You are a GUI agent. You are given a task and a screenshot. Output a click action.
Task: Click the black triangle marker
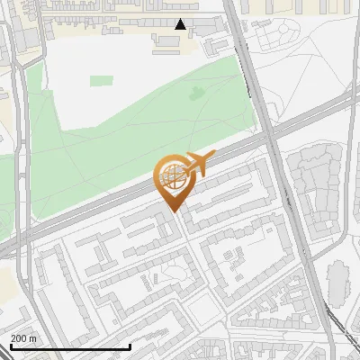tap(181, 24)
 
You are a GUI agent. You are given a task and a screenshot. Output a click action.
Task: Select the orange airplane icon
tap(197, 165)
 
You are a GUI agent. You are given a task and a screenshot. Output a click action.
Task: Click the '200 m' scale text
tap(23, 338)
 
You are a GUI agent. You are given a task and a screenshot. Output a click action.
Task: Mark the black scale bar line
tap(70, 346)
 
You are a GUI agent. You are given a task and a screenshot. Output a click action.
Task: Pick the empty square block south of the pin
tap(205, 310)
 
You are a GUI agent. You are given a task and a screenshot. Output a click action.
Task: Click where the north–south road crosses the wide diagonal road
tap(271, 135)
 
